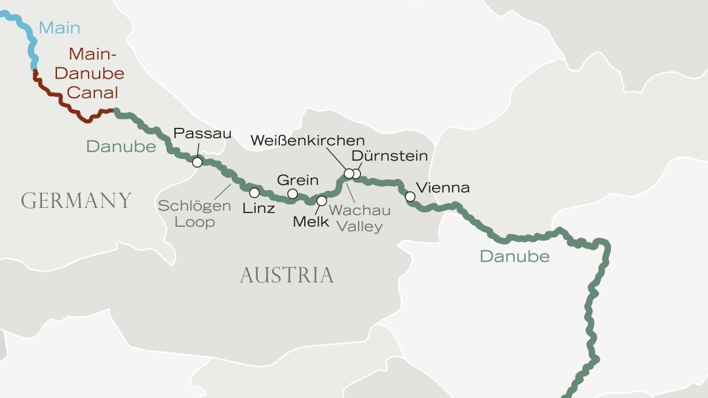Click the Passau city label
202,134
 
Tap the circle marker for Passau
197,162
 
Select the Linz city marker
254,193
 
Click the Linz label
258,209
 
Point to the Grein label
298,180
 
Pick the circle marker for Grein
292,193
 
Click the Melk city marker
321,201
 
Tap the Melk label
311,222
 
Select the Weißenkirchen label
307,140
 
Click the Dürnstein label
389,156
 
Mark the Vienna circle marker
410,196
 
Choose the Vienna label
443,188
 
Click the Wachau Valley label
360,218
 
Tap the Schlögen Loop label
194,214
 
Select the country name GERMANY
76,201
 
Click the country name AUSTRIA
286,275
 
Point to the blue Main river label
59,28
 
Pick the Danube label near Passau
121,146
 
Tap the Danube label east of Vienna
514,256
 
